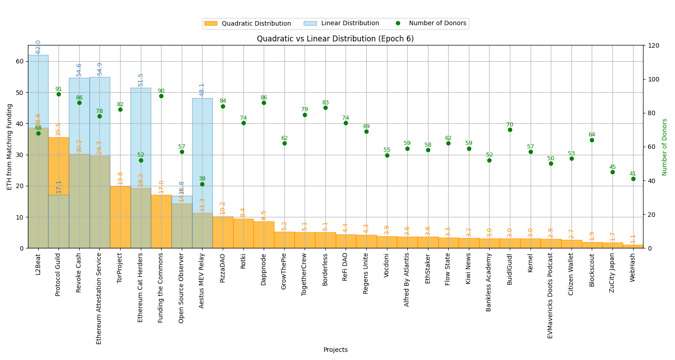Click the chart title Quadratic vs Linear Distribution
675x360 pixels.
[x=335, y=39]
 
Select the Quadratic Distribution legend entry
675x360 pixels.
[x=247, y=23]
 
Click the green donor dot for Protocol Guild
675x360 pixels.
[x=58, y=94]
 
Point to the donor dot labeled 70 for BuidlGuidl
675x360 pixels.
[x=510, y=130]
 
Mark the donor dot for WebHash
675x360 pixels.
[x=633, y=179]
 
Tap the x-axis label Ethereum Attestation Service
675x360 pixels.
[x=99, y=298]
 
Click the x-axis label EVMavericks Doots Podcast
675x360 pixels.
[x=551, y=295]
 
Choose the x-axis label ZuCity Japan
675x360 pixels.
[x=612, y=273]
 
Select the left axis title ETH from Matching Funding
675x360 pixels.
[x=9, y=147]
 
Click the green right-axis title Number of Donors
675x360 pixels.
[x=665, y=147]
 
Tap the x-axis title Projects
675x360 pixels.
[x=335, y=350]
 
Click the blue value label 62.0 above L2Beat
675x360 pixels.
[x=38, y=47]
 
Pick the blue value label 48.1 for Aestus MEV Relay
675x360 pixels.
[x=202, y=90]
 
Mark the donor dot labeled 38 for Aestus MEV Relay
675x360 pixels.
[x=202, y=184]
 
